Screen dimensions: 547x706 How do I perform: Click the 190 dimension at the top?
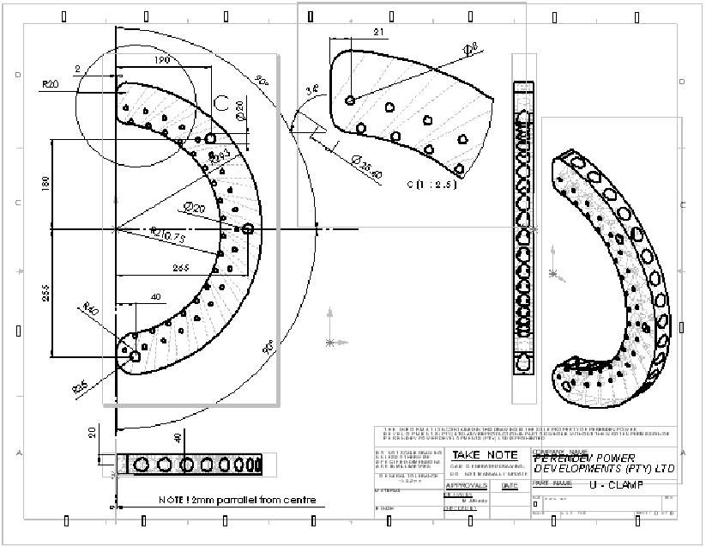(161, 61)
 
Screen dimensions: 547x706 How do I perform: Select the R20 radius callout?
(50, 84)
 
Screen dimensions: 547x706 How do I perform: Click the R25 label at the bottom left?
(79, 387)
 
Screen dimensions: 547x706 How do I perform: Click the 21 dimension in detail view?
(355, 32)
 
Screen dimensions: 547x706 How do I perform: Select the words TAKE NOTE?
(485, 454)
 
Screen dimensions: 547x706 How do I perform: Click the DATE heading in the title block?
(510, 485)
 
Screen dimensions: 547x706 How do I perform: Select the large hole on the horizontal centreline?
(248, 228)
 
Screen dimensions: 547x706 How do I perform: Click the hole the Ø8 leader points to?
(350, 100)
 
